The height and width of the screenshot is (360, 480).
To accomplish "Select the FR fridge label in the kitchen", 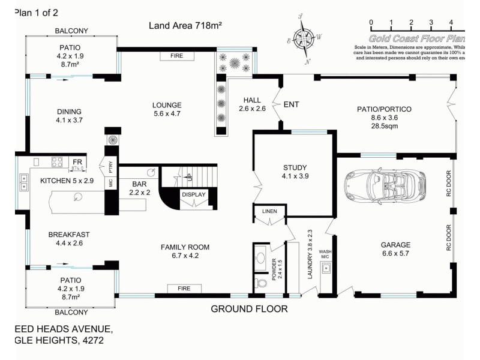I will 77,163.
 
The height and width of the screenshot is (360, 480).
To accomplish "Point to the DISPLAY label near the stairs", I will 194,194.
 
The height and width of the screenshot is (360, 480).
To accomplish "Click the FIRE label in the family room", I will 184,289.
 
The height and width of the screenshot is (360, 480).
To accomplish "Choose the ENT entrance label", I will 291,105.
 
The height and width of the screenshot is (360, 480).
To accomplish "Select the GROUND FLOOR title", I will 249,309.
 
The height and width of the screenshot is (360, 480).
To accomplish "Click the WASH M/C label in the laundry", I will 325,254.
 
